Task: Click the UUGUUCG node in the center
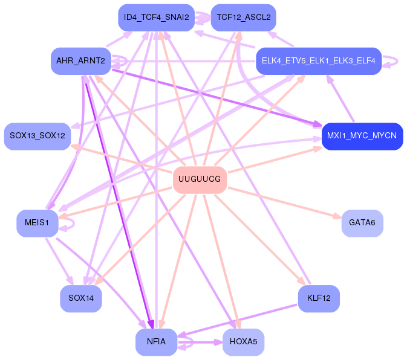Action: (x=200, y=179)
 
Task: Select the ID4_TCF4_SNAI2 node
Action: (x=156, y=18)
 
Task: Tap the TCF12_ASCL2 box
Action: (x=243, y=18)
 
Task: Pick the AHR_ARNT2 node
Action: (x=80, y=61)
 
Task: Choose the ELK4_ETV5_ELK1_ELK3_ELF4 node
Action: (x=318, y=61)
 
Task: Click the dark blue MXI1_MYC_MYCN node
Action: (x=362, y=136)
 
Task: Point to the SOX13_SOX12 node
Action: (x=37, y=136)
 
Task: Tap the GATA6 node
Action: (x=362, y=223)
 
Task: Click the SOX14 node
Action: (x=80, y=298)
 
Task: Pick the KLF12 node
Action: (x=318, y=298)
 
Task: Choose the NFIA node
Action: (x=156, y=342)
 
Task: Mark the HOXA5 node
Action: (x=243, y=342)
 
